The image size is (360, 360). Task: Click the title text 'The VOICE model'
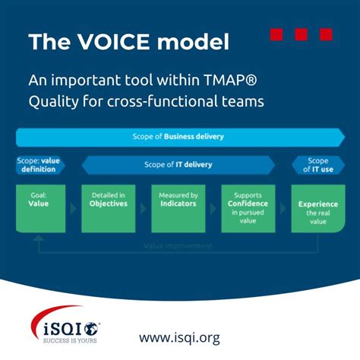click(128, 42)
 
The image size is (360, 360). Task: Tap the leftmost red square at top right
click(276, 34)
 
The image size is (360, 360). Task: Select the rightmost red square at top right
click(325, 34)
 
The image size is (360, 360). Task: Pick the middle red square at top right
click(301, 34)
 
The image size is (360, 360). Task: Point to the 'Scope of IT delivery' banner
click(178, 165)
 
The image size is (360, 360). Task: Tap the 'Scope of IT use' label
click(317, 165)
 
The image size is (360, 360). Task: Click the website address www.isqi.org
click(179, 337)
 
